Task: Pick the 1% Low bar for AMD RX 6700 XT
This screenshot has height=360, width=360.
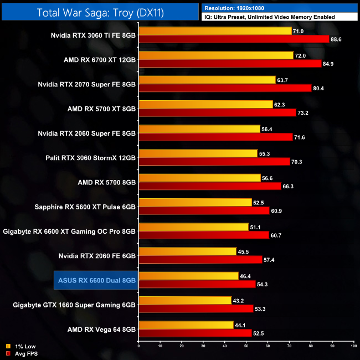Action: click(x=215, y=55)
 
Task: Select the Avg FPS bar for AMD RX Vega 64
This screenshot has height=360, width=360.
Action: click(x=195, y=333)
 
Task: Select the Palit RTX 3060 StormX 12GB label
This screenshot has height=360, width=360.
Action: click(x=91, y=157)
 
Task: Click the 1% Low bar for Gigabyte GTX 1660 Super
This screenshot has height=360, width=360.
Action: click(x=185, y=300)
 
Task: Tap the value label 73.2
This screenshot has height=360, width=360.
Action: click(x=305, y=112)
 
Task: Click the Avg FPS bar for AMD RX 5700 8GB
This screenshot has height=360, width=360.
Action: click(x=210, y=186)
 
